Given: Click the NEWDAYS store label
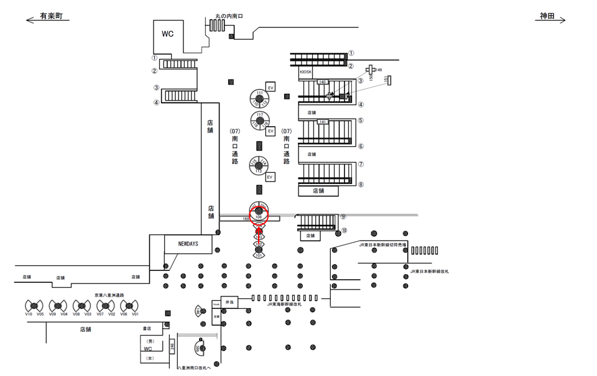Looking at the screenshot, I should coord(188,244).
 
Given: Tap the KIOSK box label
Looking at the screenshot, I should coord(305,72).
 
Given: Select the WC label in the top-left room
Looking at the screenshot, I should coord(168,34).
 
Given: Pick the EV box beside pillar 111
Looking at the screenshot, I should coord(271,88).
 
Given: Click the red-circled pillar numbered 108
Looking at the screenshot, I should coord(258,213).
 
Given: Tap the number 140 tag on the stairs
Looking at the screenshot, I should coord(322,82).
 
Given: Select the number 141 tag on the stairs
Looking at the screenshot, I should coord(322,122).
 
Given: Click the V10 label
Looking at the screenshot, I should coord(29,314).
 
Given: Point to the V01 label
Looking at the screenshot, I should coord(135,314).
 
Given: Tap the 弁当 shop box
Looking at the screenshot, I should coord(229,302).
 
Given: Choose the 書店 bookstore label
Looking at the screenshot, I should coord(147,328).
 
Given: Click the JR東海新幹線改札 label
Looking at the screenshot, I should coord(284,305).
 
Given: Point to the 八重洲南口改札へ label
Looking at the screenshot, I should coord(195,368).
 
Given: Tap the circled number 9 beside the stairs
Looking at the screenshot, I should coord(343,217).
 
